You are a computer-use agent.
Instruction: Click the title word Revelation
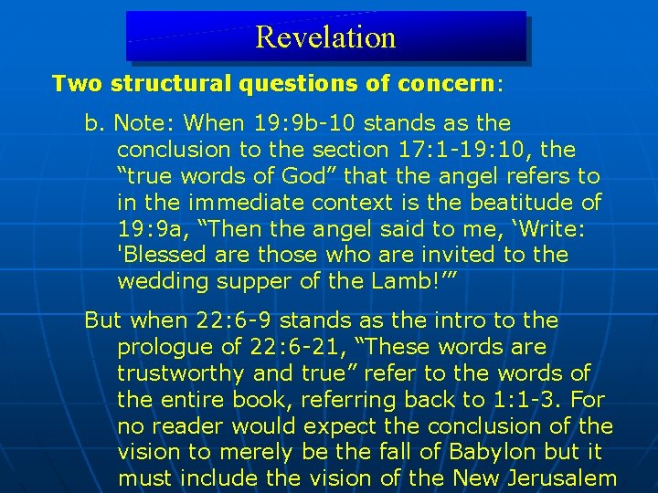coord(325,37)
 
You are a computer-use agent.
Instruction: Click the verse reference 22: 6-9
coord(243,320)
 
